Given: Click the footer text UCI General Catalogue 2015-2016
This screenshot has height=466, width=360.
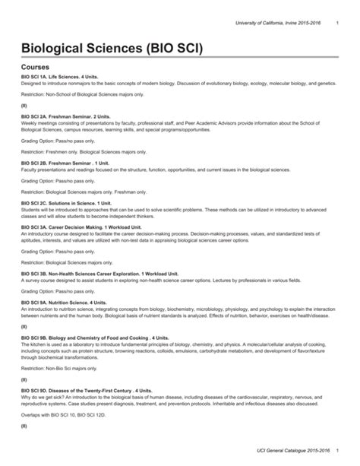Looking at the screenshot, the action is click(x=283, y=453).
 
